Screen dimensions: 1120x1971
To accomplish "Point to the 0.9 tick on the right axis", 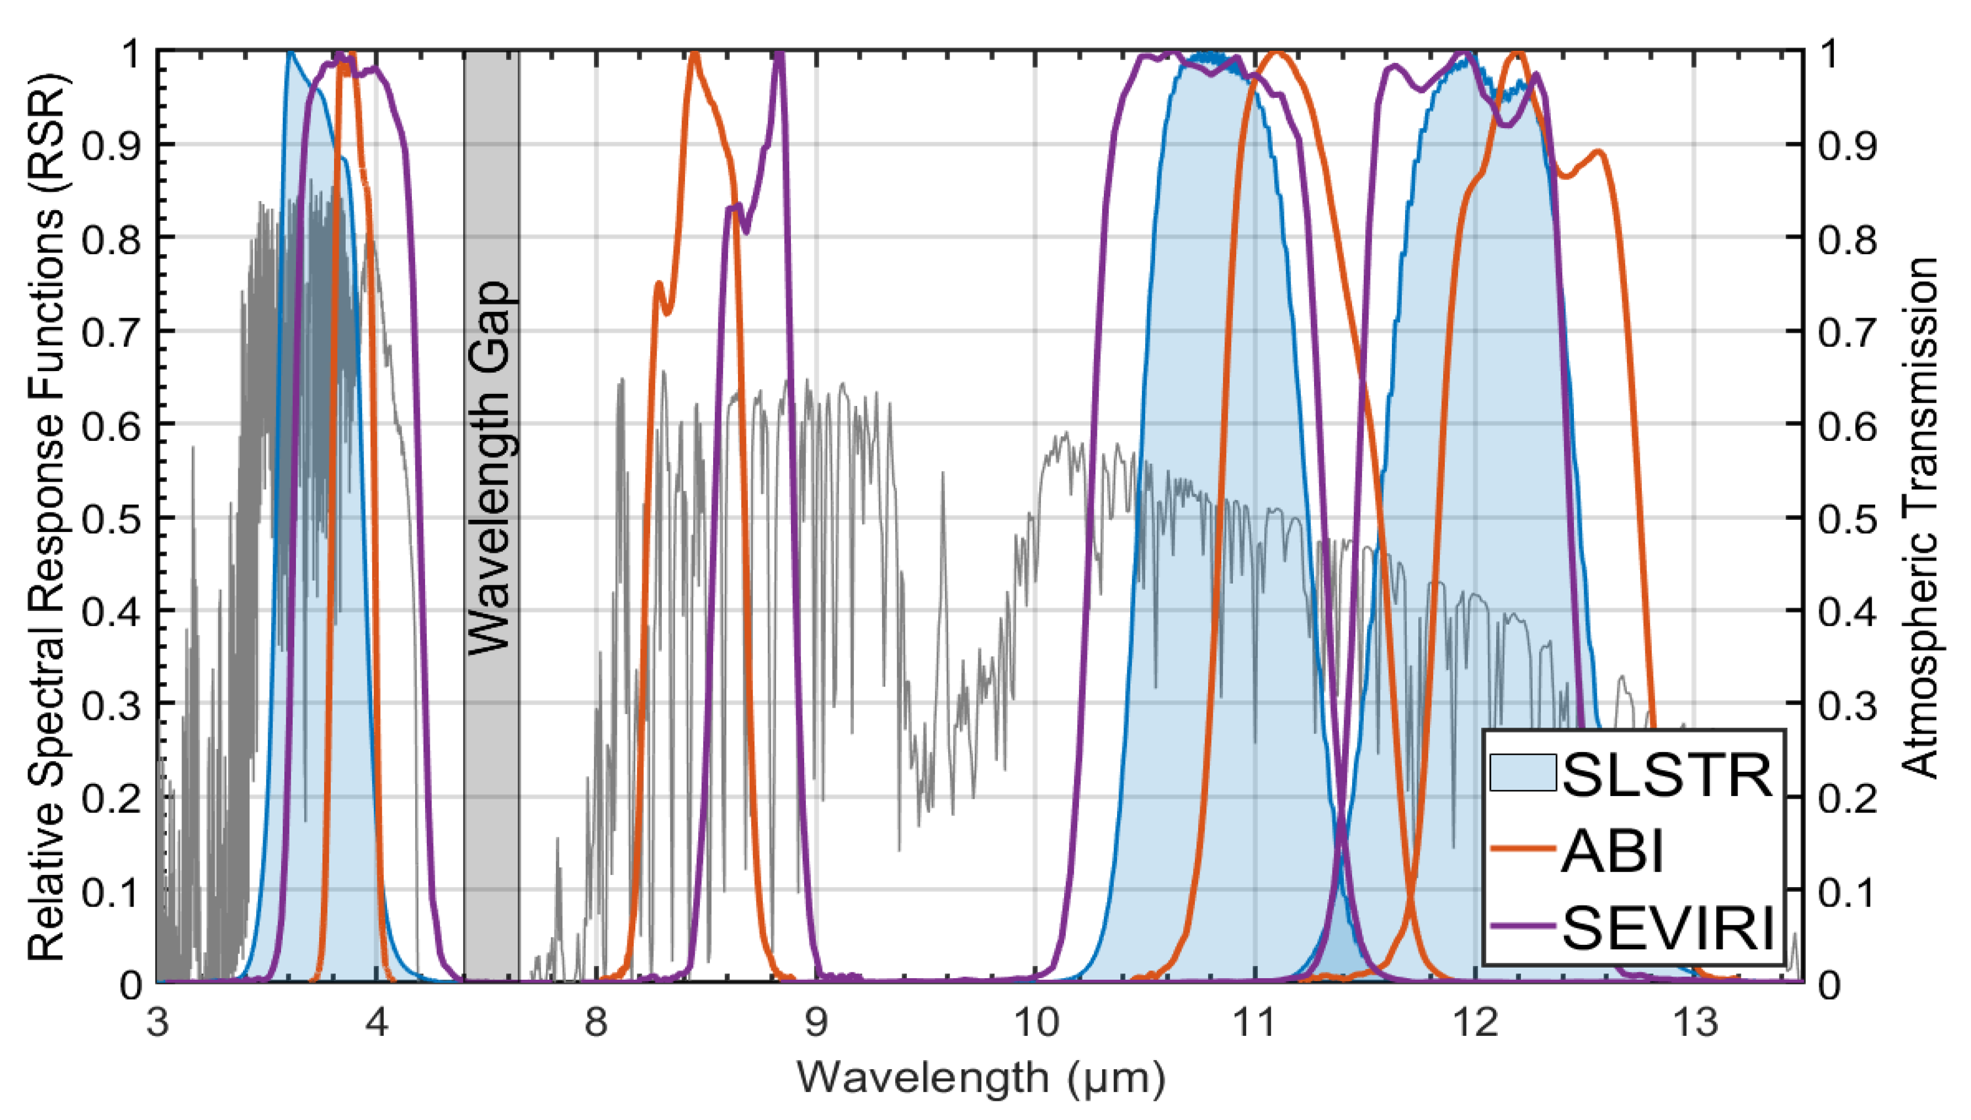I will click(x=1847, y=146).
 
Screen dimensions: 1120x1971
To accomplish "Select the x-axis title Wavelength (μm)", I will click(x=981, y=1077).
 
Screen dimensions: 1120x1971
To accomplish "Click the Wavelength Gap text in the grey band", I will click(x=490, y=468).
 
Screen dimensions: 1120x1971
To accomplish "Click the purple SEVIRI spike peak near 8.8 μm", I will click(x=779, y=54).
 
